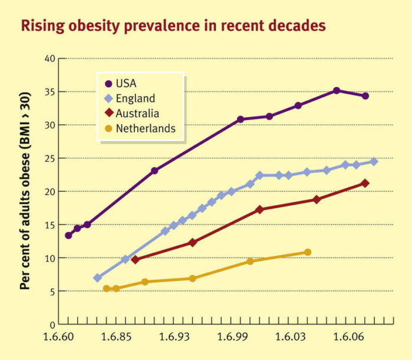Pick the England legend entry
point(135,98)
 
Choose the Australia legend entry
point(138,114)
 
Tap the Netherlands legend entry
point(145,128)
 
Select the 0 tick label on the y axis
point(52,324)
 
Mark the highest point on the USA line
point(337,91)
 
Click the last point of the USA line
point(366,96)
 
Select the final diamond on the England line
point(374,161)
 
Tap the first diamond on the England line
point(98,278)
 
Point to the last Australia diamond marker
point(366,183)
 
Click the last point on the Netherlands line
point(308,252)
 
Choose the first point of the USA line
point(69,235)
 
